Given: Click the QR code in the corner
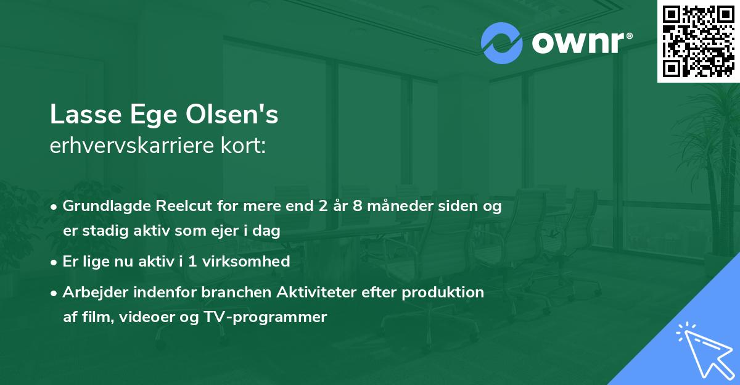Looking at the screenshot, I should click(698, 41).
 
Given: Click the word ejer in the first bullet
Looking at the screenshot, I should click(228, 231).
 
